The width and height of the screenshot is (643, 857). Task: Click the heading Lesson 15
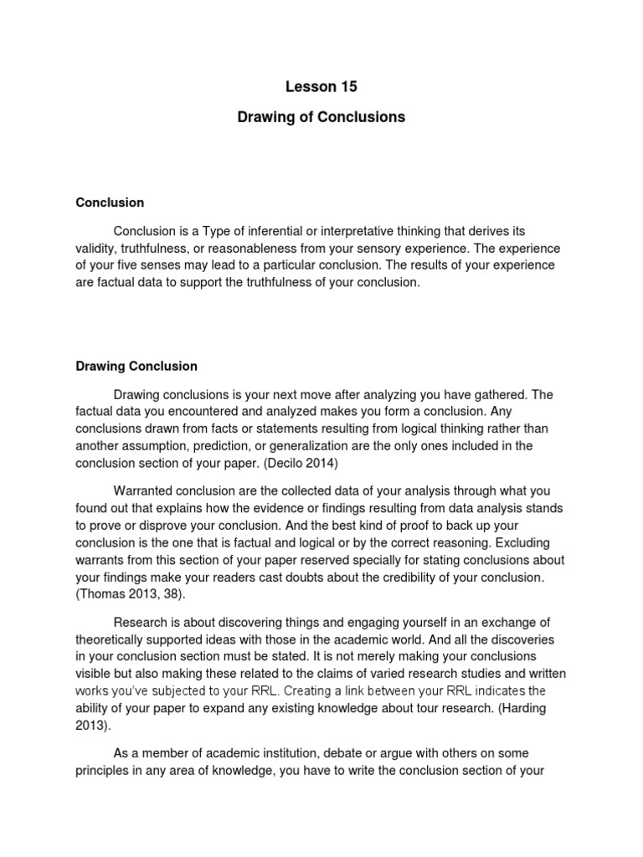click(x=321, y=86)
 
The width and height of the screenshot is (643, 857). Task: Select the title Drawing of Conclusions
click(x=321, y=117)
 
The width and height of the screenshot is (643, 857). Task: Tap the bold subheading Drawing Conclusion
click(x=136, y=366)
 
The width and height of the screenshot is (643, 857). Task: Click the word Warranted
click(x=144, y=490)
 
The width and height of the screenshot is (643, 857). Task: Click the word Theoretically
click(x=116, y=638)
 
